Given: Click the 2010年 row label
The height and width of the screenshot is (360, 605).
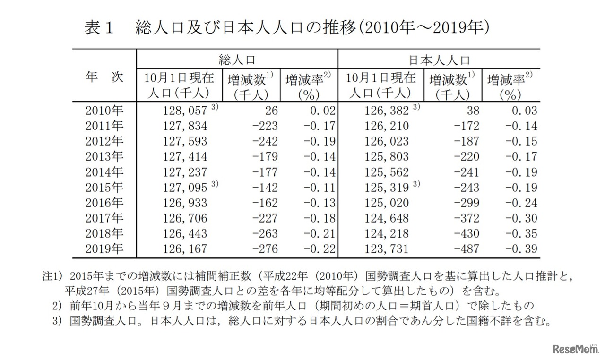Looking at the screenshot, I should [104, 111].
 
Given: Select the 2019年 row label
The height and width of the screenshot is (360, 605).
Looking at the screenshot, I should [104, 249].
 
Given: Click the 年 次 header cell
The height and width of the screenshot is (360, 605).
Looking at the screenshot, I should [104, 77].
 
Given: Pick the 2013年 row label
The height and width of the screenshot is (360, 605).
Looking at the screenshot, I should [104, 157].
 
